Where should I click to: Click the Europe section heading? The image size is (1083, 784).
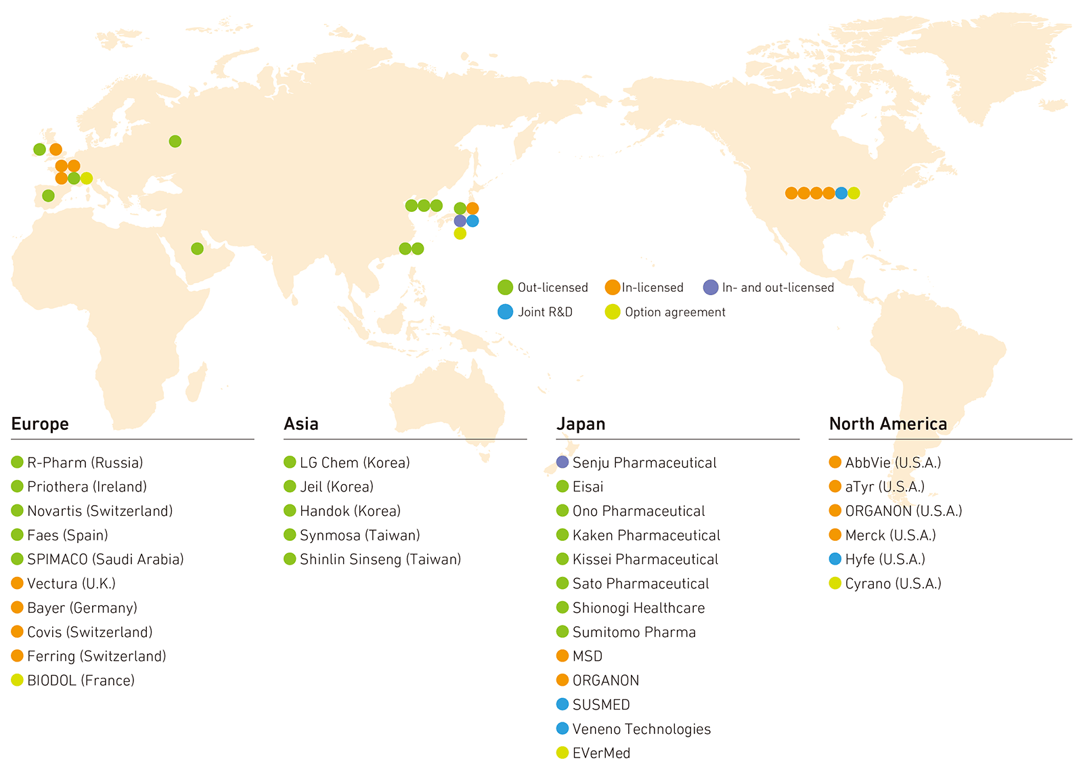point(40,424)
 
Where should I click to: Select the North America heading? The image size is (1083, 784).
point(887,424)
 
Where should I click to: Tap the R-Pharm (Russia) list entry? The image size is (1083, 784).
point(85,462)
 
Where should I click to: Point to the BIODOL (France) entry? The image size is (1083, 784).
point(81,680)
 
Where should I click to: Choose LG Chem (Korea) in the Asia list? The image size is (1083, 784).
point(355,462)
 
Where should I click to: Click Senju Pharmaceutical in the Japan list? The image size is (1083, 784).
point(644,462)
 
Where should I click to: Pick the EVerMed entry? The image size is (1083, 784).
point(601,753)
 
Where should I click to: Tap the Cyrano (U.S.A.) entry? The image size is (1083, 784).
point(893,584)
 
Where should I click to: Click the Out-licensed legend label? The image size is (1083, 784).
point(552,288)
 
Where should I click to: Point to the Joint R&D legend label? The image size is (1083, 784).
point(545,312)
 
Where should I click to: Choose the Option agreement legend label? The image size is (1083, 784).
point(675,312)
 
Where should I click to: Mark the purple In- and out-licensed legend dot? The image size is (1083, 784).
point(710,287)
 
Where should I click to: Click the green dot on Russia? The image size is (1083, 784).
point(175,141)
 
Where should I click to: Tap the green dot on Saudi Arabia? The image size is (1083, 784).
point(197,248)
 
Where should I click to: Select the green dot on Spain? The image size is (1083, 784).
point(48,196)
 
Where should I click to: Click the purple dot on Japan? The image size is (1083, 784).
point(460,221)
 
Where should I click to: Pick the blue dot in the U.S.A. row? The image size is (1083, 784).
point(841,193)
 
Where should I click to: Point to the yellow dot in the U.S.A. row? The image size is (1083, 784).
point(854,193)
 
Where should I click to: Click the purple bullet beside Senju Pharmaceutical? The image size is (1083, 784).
point(562,462)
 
